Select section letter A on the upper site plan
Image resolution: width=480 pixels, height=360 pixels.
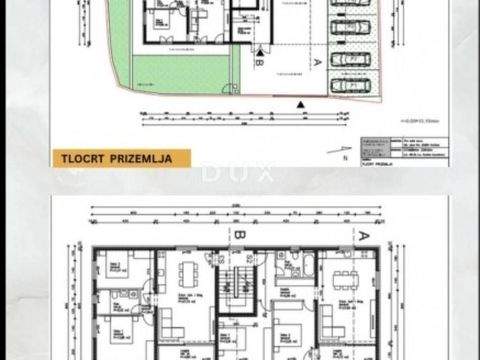[318, 62]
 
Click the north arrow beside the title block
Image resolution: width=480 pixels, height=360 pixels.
[341, 157]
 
